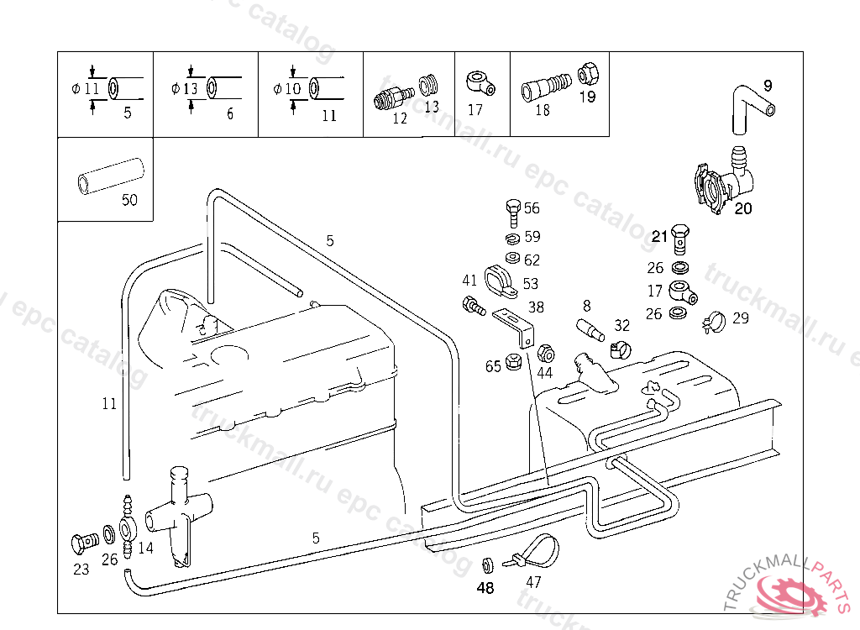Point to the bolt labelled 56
coord(513,210)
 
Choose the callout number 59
coord(532,237)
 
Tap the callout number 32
coord(621,325)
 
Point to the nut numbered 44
coord(543,351)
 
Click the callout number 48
coord(485,588)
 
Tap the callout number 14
coord(145,548)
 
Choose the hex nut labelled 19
coord(588,74)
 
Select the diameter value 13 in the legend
coord(190,88)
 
